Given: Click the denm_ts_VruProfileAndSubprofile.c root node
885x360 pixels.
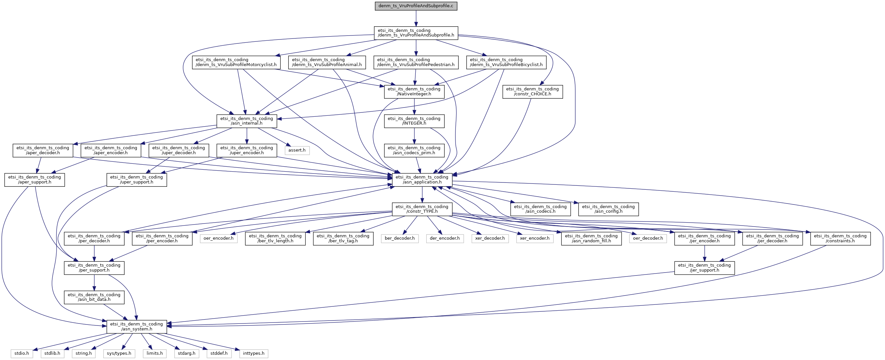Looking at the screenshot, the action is click(x=416, y=6).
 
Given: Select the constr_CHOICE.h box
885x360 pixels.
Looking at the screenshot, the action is click(x=532, y=91).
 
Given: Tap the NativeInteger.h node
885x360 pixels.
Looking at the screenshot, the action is click(x=414, y=91).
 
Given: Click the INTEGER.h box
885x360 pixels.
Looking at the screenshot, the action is click(x=414, y=121).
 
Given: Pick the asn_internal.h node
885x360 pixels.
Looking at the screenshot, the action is click(x=247, y=121).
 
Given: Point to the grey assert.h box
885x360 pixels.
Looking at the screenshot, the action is click(x=297, y=150).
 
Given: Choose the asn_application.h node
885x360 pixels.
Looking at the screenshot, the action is click(x=422, y=180).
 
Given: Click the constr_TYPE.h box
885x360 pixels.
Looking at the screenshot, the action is click(x=422, y=209).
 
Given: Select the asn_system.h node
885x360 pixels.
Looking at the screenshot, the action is click(x=137, y=326).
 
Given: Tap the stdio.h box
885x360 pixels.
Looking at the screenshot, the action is click(x=22, y=353).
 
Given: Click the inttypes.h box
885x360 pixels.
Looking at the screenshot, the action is click(x=254, y=353).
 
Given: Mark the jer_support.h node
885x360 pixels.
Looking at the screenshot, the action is click(x=704, y=268).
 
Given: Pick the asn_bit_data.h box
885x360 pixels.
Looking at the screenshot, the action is click(x=94, y=297).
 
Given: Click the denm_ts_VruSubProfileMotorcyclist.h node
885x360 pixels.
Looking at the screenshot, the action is click(x=236, y=62).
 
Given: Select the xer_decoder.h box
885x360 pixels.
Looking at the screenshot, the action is click(x=490, y=238).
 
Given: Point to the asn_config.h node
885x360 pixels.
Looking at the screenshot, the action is click(x=608, y=209).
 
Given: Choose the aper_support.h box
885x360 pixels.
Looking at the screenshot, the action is click(x=35, y=180).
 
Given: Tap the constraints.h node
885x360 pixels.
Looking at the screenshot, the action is click(x=840, y=238).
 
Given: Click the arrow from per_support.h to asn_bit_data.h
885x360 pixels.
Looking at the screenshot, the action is click(x=94, y=282).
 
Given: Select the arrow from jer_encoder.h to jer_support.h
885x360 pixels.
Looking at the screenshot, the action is click(x=704, y=253).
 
